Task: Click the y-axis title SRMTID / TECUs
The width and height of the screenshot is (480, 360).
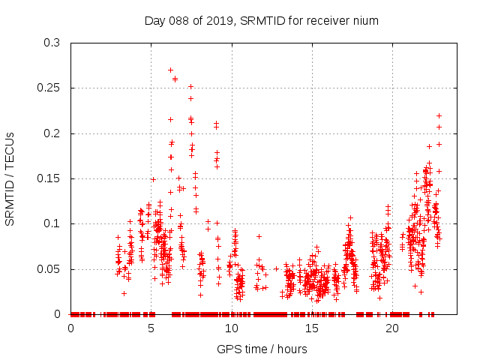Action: coord(10,178)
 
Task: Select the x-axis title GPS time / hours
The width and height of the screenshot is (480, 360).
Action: coord(262,349)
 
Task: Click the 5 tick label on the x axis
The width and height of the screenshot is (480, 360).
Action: coord(151,328)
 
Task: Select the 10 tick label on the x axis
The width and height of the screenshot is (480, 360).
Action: coord(232,328)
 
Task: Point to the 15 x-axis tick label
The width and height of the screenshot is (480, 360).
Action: coord(312,328)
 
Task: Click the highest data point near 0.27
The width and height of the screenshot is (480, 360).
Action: coord(170,70)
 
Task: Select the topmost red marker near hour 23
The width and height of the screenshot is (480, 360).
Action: coord(439,115)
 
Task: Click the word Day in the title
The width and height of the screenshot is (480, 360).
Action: coord(155,20)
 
